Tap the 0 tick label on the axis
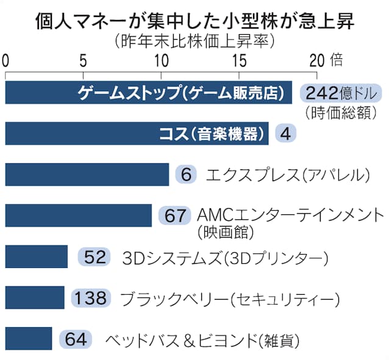tap(5, 60)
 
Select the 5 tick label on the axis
tap(82, 60)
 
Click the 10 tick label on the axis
tap(161, 60)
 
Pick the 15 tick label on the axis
tap(238, 60)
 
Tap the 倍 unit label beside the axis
tap(337, 60)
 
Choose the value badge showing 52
tap(95, 256)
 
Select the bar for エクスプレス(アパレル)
tap(87, 174)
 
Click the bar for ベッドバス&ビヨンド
tap(29, 339)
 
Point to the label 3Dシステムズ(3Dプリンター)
tap(226, 257)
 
